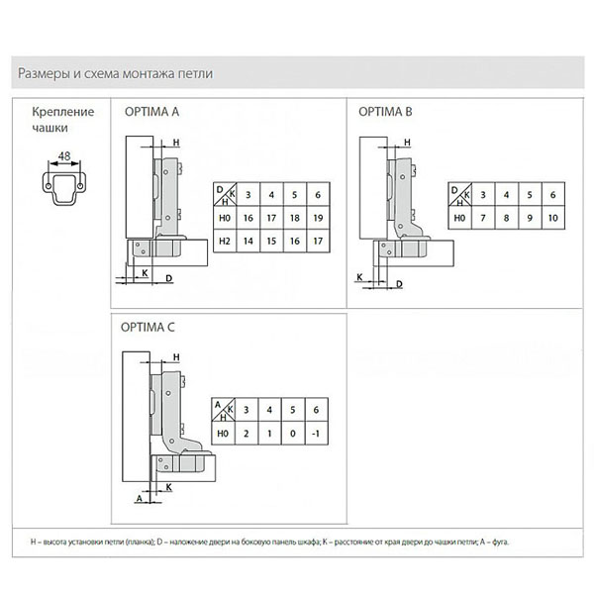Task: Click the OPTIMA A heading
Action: [x=151, y=113]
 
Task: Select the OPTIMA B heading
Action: [x=385, y=113]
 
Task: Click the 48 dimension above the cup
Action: [x=63, y=156]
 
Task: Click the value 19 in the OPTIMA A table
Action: [x=318, y=217]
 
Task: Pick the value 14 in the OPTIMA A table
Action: [x=247, y=240]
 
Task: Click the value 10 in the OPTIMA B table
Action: [x=552, y=217]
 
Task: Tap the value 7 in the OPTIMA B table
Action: [x=481, y=217]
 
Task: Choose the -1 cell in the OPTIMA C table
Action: [x=316, y=433]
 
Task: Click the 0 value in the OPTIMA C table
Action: [x=292, y=433]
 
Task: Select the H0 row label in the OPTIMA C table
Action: [x=222, y=433]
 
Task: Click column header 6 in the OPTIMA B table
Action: [x=552, y=194]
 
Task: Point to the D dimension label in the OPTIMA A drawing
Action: [x=168, y=277]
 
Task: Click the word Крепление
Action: [x=62, y=112]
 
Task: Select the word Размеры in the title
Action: [x=42, y=73]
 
